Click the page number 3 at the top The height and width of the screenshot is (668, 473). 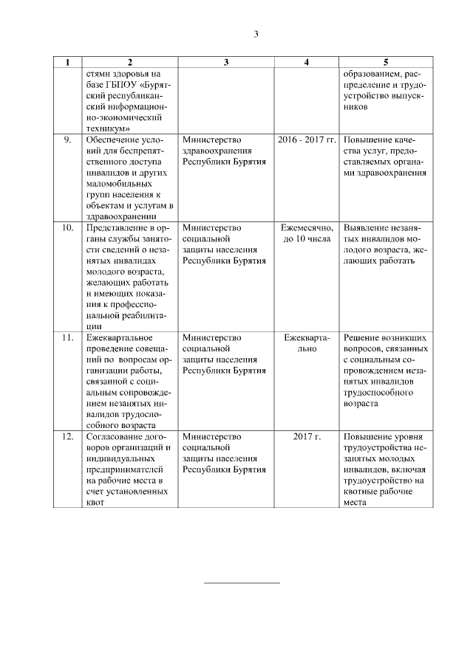pos(256,34)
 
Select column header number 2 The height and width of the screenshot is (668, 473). pos(129,62)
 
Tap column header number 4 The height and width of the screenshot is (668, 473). pos(306,62)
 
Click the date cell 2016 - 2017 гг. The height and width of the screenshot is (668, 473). pos(306,140)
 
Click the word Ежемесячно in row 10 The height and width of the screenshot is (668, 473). pos(306,228)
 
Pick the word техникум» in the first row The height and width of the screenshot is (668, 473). pos(109,128)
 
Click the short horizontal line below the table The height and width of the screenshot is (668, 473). pos(242,583)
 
